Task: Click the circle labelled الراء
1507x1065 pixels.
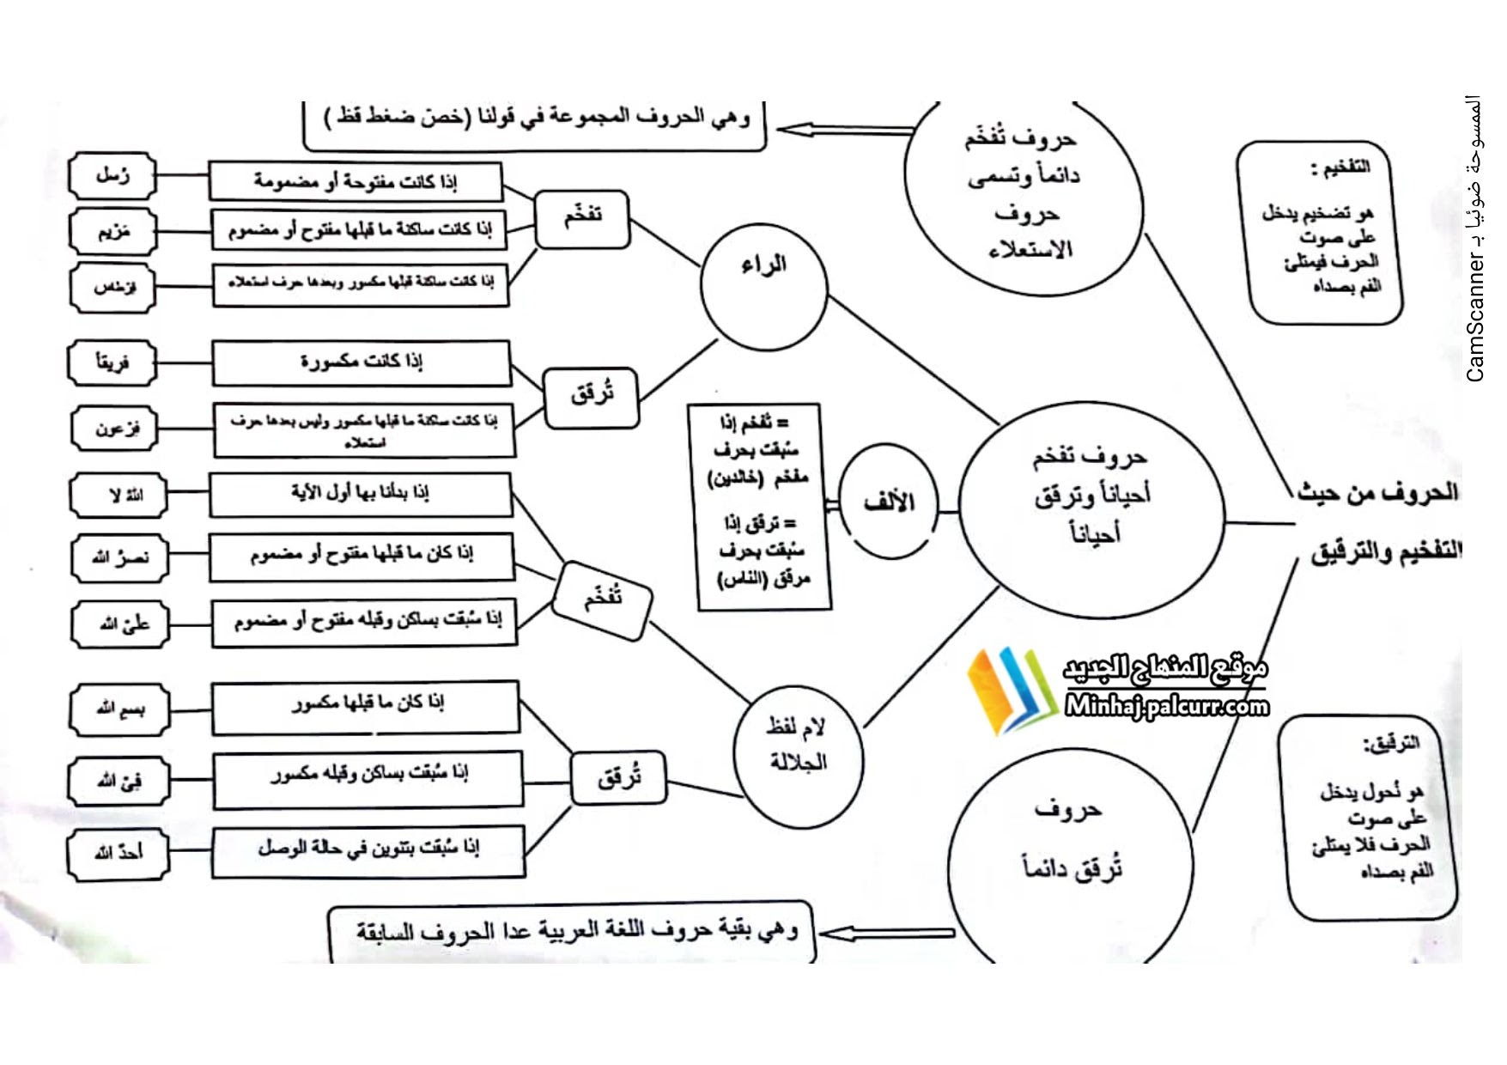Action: (x=763, y=286)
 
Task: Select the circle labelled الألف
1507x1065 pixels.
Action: (x=889, y=502)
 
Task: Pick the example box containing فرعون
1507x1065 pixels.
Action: (x=114, y=428)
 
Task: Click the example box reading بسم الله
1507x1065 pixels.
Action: (x=119, y=709)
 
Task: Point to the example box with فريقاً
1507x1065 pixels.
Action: (x=112, y=362)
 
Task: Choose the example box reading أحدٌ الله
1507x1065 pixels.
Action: (x=118, y=854)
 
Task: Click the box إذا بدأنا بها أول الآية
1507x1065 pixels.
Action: (x=360, y=494)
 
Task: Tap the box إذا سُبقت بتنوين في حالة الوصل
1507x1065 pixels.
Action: (x=368, y=850)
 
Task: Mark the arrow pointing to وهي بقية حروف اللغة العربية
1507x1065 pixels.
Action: (x=884, y=933)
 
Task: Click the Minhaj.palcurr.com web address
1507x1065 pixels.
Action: (x=1166, y=706)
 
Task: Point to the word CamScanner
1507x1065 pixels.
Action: (x=1475, y=317)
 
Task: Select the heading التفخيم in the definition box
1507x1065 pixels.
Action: (x=1342, y=167)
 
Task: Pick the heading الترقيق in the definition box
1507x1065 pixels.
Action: (x=1391, y=744)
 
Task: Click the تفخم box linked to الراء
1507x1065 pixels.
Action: (x=582, y=218)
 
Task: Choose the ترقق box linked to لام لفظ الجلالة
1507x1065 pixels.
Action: (x=618, y=778)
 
